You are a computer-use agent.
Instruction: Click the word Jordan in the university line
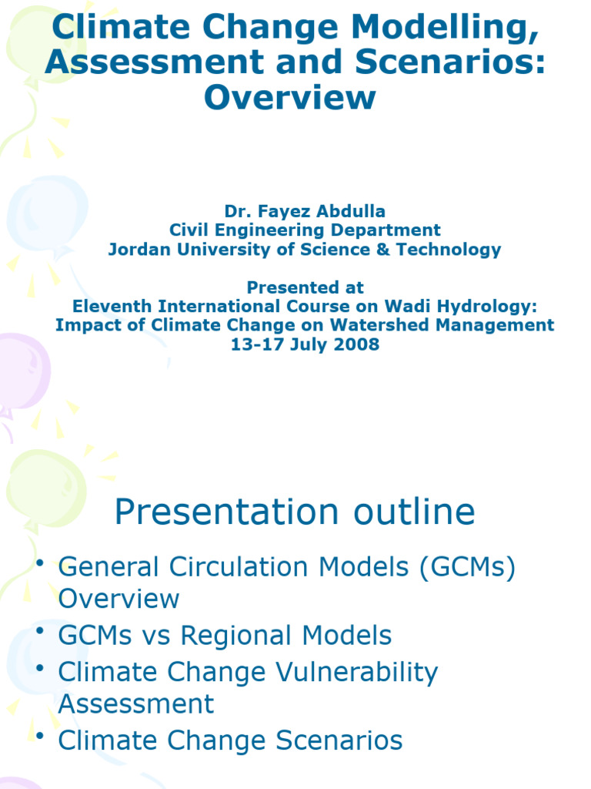[x=137, y=249]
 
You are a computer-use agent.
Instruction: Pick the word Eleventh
[x=112, y=306]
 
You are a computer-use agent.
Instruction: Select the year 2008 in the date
[x=358, y=344]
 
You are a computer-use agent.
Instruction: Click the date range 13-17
[x=256, y=344]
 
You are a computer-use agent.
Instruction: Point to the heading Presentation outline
[x=295, y=512]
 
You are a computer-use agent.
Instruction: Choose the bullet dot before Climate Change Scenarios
[x=40, y=735]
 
